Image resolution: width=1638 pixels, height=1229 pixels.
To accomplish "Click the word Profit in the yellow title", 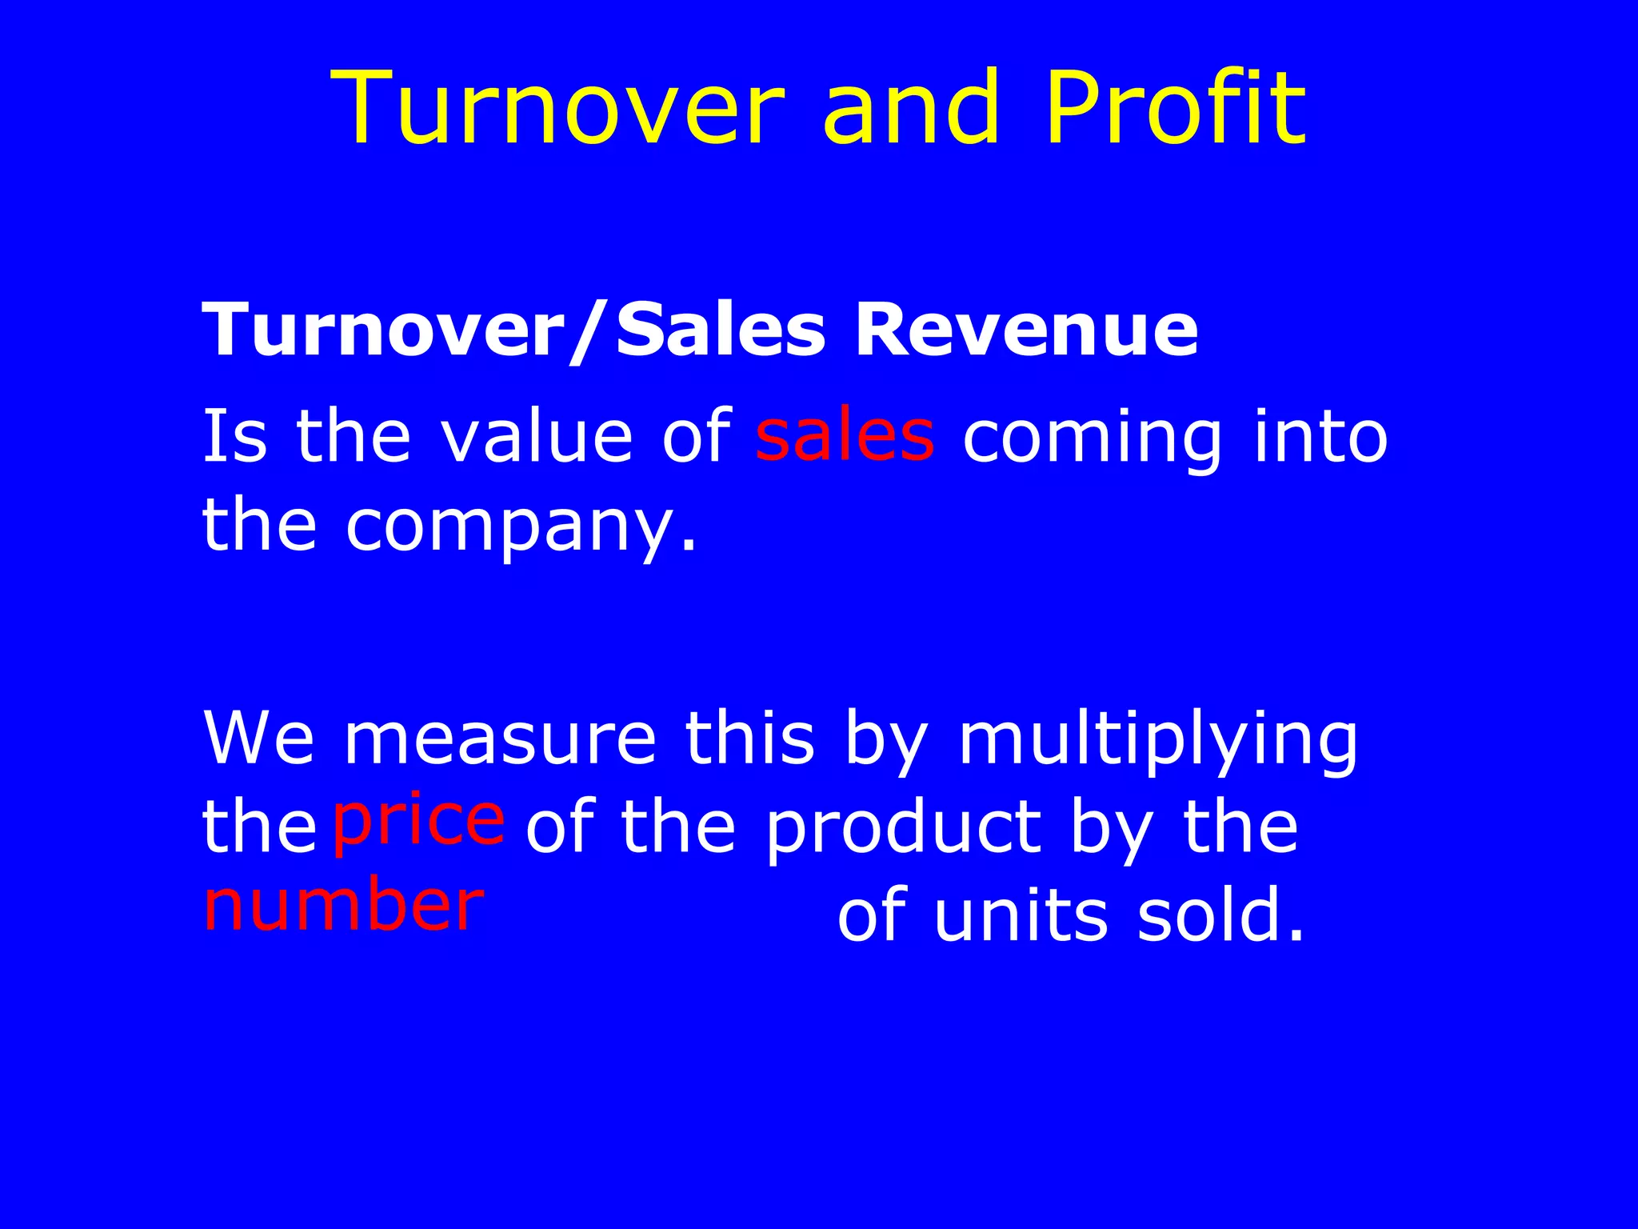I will (x=1175, y=108).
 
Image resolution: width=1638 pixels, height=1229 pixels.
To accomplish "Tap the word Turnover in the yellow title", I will (x=557, y=108).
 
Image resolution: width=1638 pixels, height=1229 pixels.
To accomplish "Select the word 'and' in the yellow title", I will (x=911, y=108).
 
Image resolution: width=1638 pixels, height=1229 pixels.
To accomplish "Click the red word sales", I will (x=845, y=437).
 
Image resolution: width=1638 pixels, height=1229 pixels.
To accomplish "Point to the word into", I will (x=1320, y=437).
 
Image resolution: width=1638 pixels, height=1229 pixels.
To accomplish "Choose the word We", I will (x=259, y=738).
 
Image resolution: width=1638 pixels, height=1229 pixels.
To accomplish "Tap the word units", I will (x=1021, y=915).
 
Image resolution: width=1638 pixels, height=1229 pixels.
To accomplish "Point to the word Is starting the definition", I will (x=234, y=437).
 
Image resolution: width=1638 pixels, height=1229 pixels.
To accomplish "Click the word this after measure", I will (x=749, y=738).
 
